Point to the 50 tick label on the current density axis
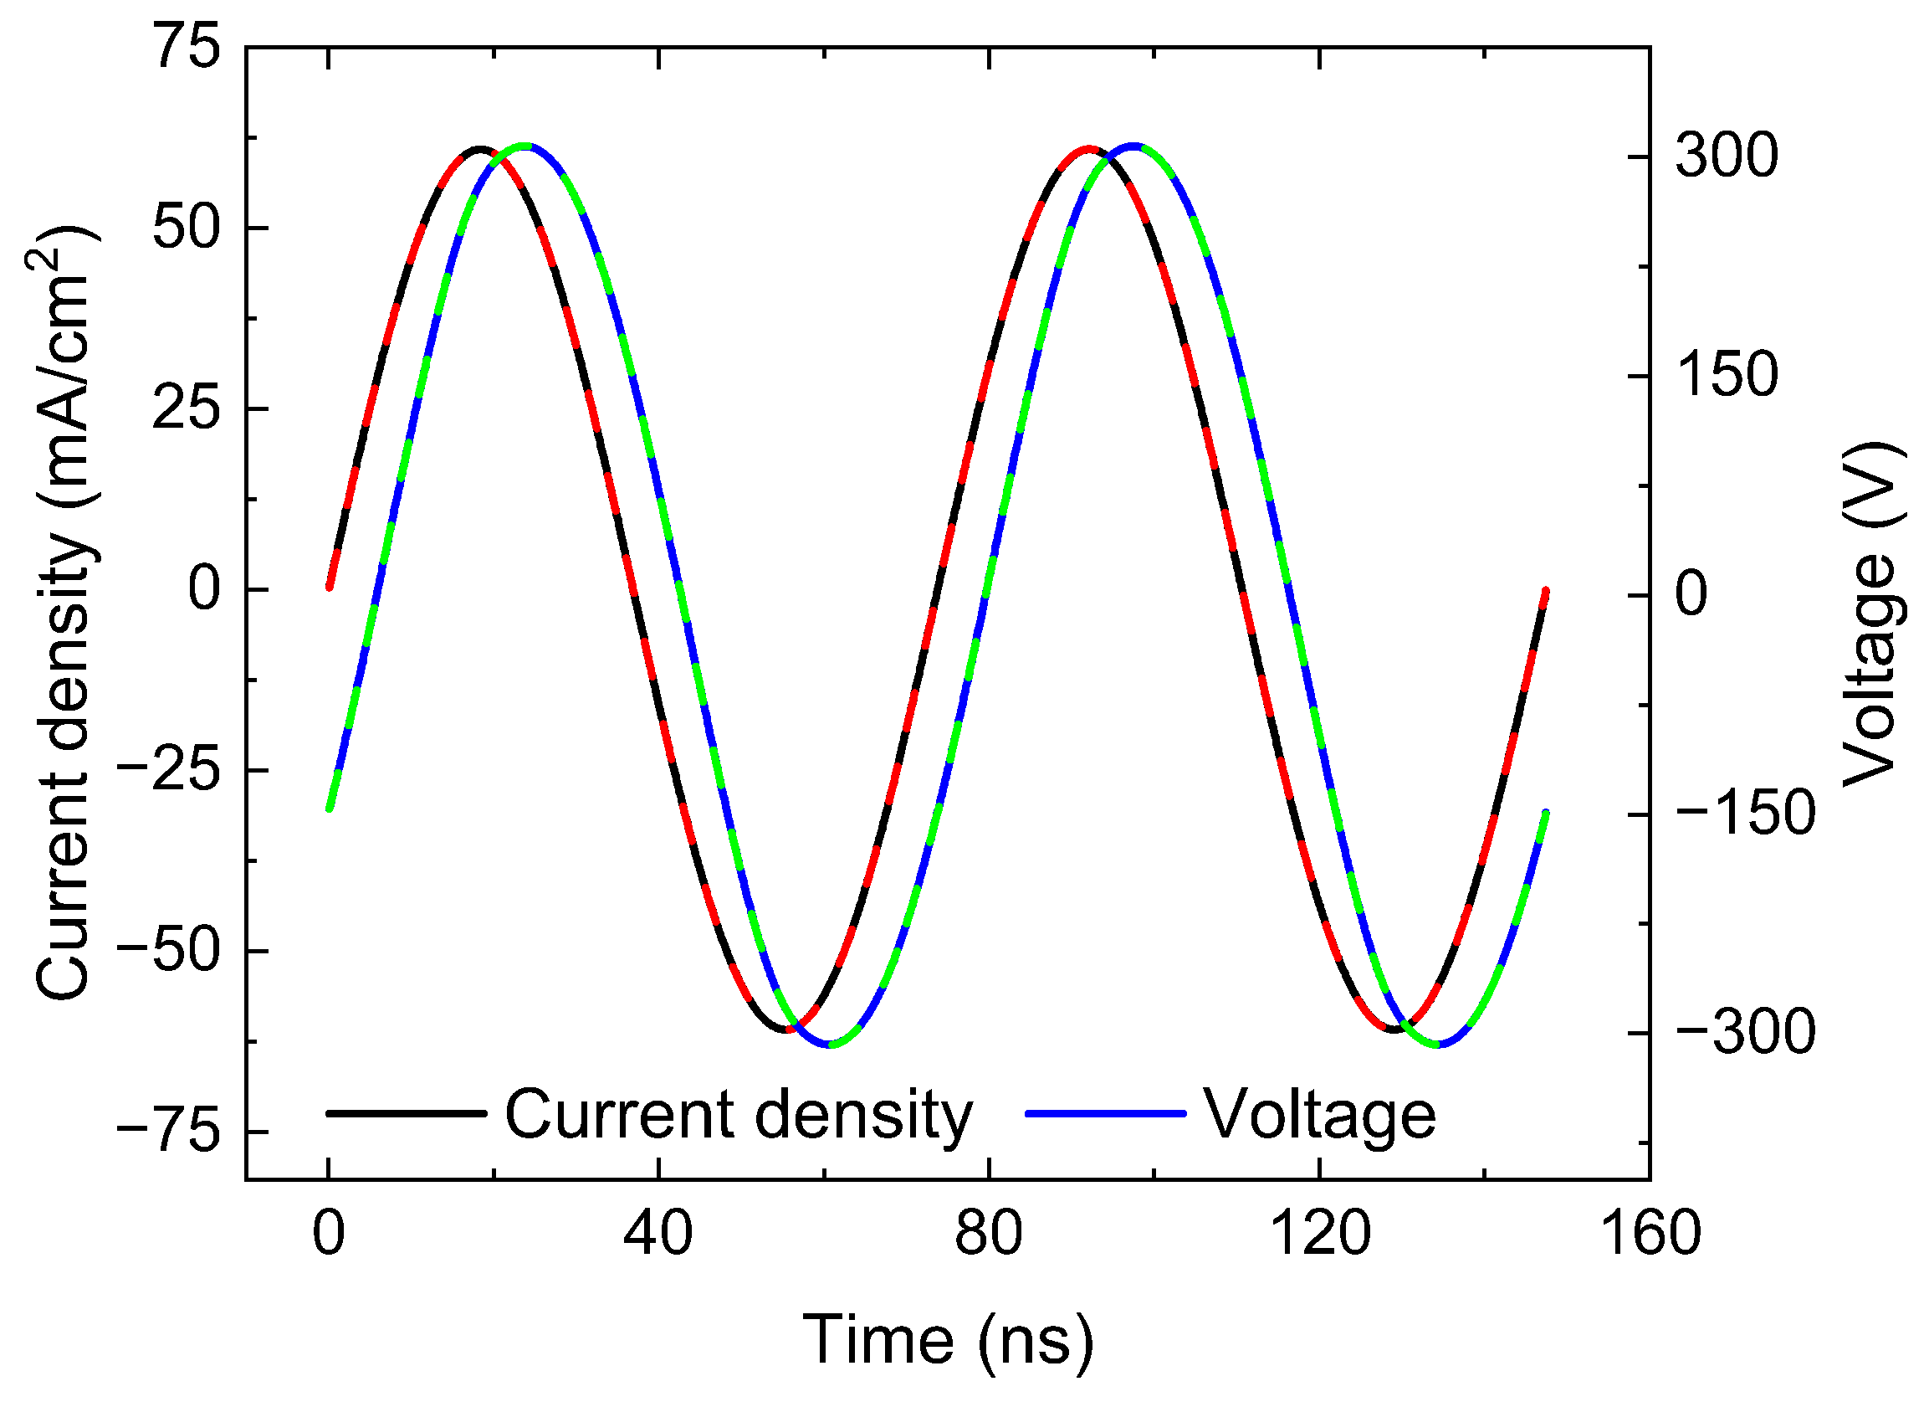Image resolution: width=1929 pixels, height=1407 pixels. pos(186,228)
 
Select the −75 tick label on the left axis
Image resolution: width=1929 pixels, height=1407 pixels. pos(168,1132)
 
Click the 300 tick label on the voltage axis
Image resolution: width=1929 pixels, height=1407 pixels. pos(1727,157)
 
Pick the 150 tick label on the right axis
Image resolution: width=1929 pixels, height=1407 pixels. pos(1727,376)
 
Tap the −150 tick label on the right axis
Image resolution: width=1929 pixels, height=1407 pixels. pos(1745,814)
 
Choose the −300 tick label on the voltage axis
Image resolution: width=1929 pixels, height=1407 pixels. pos(1745,1033)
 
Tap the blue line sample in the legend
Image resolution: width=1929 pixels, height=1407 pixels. pos(1105,1113)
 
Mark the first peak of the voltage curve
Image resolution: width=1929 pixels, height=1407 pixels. pos(526,146)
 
